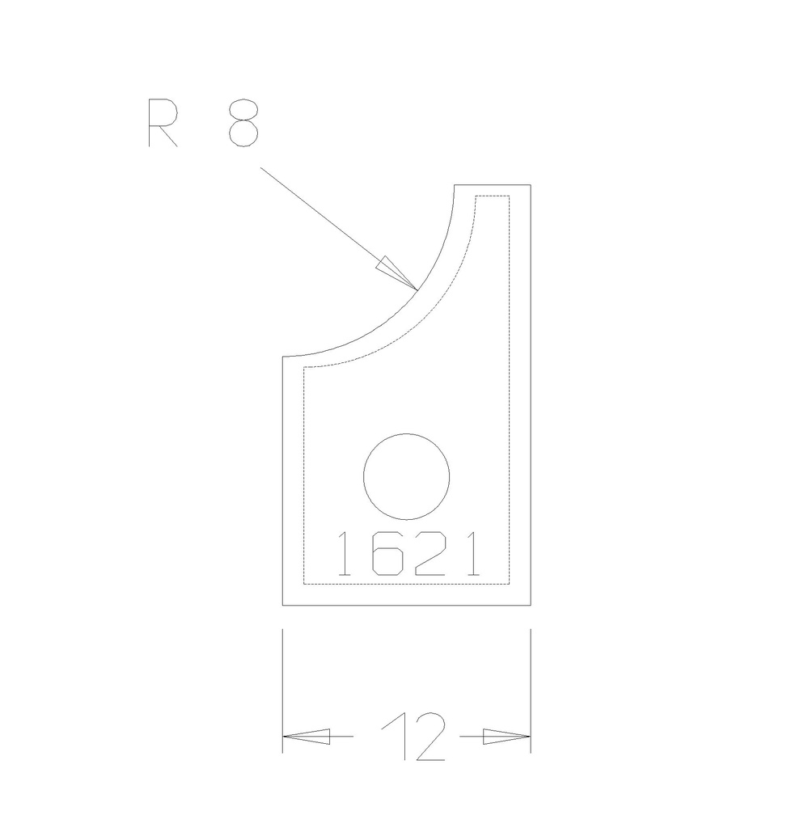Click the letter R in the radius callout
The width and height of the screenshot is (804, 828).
[x=163, y=123]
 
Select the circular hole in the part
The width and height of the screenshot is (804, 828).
[x=406, y=477]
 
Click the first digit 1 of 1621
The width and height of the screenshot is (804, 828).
[x=344, y=554]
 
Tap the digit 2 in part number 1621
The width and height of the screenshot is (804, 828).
[x=429, y=554]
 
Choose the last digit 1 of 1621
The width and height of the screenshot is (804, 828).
[x=471, y=554]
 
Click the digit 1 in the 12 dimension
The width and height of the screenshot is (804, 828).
[x=395, y=737]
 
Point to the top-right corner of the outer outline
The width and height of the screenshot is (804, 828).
[x=531, y=185]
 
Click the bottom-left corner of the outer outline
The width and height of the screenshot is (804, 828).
[x=282, y=605]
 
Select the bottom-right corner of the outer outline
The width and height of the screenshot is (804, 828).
[x=531, y=605]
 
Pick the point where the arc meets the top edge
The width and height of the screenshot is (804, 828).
[x=455, y=185]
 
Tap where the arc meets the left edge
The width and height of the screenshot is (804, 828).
[x=282, y=357]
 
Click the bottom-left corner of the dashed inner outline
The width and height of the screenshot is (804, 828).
[x=303, y=584]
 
